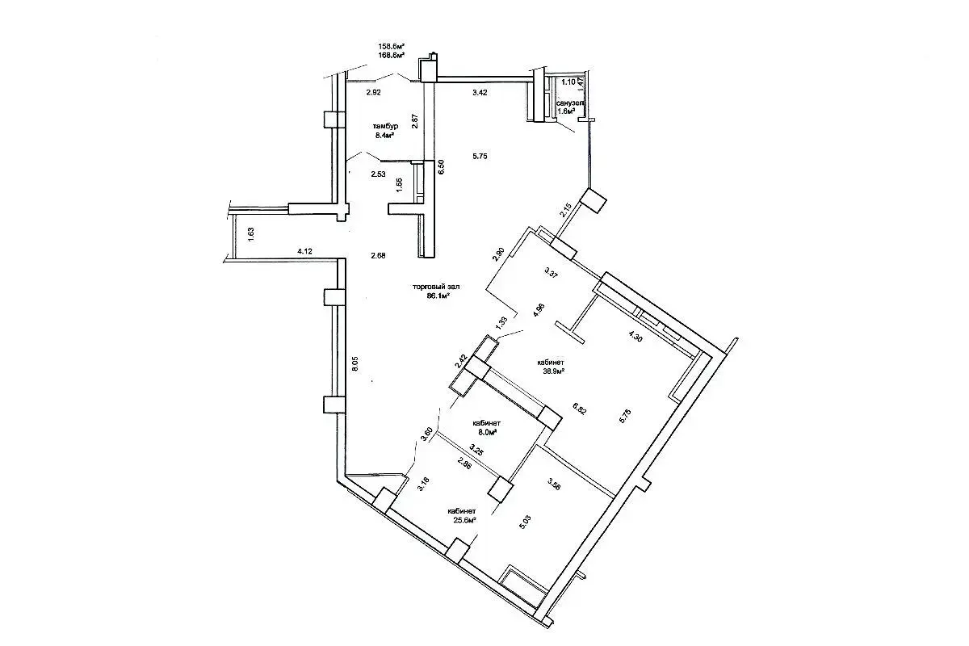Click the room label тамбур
(385, 127)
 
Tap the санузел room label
(570, 103)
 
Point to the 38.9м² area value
(552, 371)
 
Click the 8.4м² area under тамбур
(384, 136)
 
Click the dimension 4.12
(304, 252)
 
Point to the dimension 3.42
(480, 93)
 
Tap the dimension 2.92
(373, 93)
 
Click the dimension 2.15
(566, 213)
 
